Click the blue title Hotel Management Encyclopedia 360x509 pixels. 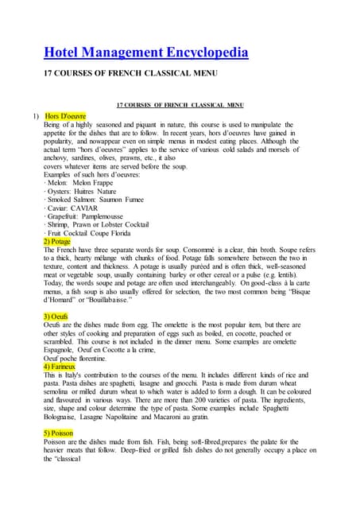point(145,52)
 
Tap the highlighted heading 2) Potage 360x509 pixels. point(57,241)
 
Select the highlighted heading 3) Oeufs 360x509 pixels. point(56,317)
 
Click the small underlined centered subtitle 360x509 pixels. point(180,104)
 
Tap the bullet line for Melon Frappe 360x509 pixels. point(75,183)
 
